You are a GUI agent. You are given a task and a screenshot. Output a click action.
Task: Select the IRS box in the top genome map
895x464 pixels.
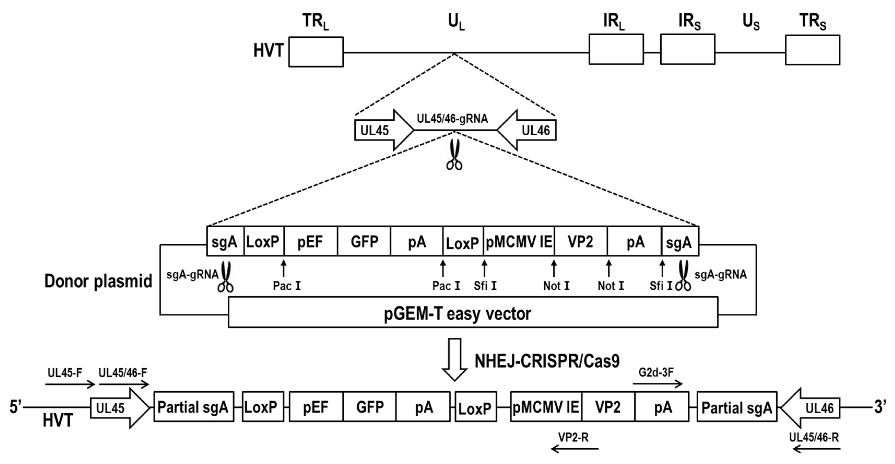point(687,49)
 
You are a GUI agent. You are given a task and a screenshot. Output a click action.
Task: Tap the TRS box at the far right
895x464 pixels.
point(812,50)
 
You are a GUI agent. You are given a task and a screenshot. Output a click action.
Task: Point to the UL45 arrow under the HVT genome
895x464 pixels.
point(382,130)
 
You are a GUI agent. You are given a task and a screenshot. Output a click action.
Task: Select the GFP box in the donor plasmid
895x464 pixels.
point(364,241)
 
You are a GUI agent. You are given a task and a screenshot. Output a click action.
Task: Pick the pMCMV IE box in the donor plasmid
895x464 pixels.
point(519,241)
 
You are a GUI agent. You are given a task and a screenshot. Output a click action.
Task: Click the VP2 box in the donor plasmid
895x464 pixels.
point(580,241)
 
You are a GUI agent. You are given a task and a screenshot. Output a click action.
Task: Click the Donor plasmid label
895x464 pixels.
point(98,281)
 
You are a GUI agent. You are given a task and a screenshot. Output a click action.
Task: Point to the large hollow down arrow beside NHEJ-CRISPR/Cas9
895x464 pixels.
point(454,359)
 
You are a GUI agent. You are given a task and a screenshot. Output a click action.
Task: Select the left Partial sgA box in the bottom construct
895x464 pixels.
point(194,407)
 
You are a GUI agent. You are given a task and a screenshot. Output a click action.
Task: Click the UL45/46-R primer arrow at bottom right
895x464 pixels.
point(816,449)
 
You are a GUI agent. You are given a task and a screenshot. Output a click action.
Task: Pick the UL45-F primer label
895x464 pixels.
point(65,373)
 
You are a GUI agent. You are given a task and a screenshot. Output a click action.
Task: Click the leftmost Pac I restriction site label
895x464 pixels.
point(287,286)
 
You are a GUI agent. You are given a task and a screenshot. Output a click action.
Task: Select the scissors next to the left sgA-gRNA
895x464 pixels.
point(226,277)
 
